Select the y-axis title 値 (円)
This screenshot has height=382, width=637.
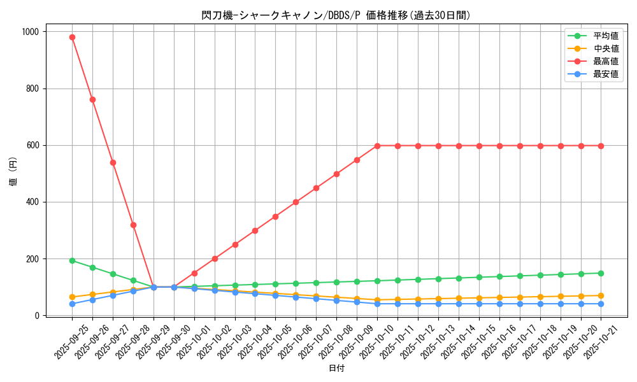[13, 173]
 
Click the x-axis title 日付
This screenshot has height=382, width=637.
[336, 369]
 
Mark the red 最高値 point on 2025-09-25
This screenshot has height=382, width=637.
[72, 37]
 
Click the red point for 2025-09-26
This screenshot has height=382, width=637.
[92, 99]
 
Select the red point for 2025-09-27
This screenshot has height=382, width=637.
[113, 162]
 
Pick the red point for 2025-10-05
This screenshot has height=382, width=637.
[275, 216]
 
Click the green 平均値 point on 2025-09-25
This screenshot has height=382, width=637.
[72, 260]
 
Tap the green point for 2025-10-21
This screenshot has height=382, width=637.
[601, 273]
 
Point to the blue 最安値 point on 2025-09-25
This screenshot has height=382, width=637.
[72, 304]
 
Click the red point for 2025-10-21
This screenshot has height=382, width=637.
[601, 146]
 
